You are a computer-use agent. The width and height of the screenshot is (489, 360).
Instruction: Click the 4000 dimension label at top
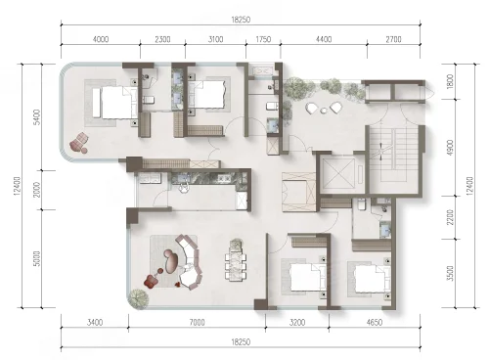101,39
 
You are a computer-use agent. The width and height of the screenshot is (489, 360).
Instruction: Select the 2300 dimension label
162,39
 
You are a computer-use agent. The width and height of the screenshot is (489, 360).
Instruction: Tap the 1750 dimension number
263,39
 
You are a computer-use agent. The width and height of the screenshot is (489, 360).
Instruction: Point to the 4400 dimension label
324,39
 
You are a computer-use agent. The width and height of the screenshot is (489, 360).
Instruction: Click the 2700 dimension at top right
393,39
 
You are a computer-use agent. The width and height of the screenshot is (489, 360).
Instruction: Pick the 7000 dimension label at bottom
197,323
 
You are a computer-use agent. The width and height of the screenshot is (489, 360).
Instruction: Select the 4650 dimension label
375,323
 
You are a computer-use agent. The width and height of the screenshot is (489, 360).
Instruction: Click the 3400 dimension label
95,323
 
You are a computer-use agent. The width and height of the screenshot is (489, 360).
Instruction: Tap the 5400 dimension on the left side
37,117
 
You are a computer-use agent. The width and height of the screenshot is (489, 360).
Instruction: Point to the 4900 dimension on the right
450,148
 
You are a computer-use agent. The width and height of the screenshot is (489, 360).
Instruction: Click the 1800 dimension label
450,81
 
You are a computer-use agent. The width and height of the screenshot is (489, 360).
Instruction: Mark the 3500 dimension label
450,273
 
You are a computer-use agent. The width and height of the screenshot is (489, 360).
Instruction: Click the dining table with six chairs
236,260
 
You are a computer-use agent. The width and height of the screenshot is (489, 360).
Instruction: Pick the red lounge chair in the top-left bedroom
79,143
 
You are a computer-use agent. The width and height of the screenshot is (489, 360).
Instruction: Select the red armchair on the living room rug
152,281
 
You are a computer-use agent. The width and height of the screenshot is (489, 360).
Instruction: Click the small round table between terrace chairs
323,111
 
